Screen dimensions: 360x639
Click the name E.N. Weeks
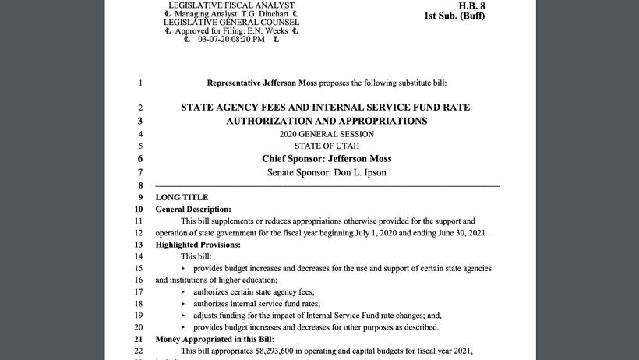click(x=267, y=31)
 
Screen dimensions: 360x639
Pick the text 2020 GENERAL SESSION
click(x=327, y=133)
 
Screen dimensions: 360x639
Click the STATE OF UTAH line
click(x=327, y=146)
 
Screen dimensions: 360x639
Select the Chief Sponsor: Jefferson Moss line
click(x=327, y=158)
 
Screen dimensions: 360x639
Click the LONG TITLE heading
click(x=182, y=197)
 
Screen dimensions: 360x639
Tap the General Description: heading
click(x=193, y=210)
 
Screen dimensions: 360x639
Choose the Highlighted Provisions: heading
click(x=198, y=245)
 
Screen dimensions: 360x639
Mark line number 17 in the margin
click(x=139, y=291)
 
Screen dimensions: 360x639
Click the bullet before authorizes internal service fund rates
click(x=184, y=303)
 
